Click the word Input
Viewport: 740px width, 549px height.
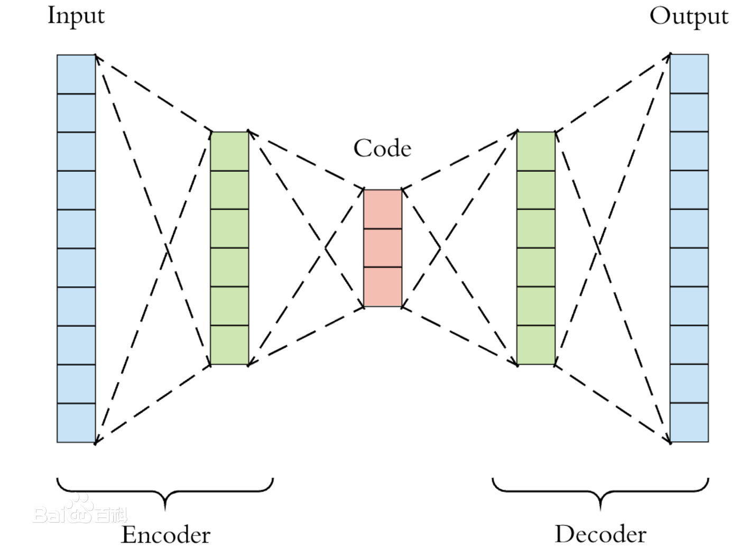[x=76, y=16]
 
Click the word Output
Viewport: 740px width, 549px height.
[x=688, y=16]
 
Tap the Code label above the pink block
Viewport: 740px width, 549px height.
[x=382, y=148]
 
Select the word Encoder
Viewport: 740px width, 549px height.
[x=165, y=535]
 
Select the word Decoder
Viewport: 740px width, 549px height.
[x=600, y=534]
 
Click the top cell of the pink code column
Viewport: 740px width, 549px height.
[x=383, y=209]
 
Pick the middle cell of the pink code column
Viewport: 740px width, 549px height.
[x=383, y=248]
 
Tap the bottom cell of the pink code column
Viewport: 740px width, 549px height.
[x=383, y=286]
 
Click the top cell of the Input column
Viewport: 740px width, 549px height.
[x=76, y=74]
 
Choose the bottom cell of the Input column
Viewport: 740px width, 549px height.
[x=76, y=423]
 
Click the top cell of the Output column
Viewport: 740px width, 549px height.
[x=689, y=73]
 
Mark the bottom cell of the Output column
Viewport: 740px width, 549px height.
[x=689, y=422]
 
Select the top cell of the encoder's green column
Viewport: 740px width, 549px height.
[x=229, y=151]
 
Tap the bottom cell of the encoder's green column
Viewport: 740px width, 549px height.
[x=229, y=345]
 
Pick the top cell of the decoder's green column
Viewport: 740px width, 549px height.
[x=536, y=151]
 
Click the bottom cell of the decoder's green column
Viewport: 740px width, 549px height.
[x=536, y=345]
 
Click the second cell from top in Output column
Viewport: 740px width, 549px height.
[x=689, y=113]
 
